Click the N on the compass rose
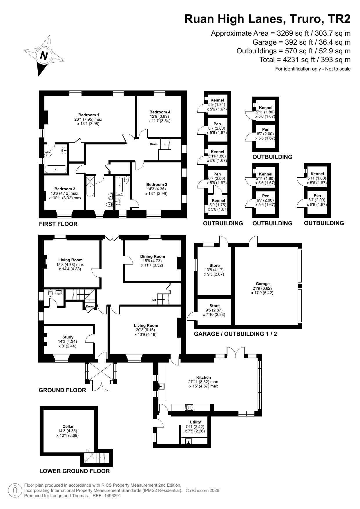click(x=44, y=55)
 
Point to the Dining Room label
click(x=153, y=256)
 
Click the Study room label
click(x=68, y=337)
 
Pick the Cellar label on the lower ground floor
click(x=68, y=426)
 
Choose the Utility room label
click(x=195, y=422)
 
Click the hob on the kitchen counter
click(x=189, y=407)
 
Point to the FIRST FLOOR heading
click(x=58, y=224)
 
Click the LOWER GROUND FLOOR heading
click(x=75, y=471)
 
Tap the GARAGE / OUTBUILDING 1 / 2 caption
click(x=235, y=334)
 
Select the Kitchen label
click(x=204, y=377)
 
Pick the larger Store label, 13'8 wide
click(x=214, y=265)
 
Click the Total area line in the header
click(x=305, y=60)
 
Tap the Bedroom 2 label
click(x=157, y=184)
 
